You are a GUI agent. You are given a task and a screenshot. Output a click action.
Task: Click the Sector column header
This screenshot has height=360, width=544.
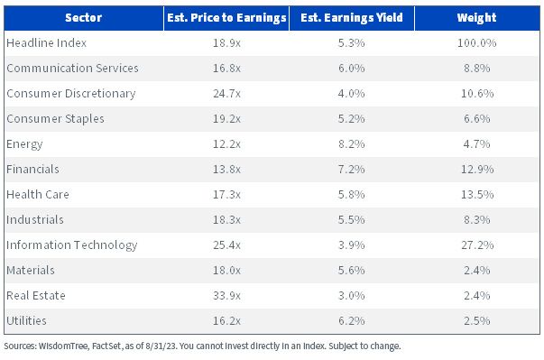(83, 18)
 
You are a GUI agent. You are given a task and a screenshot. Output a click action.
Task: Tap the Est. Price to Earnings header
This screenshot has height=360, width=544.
(226, 18)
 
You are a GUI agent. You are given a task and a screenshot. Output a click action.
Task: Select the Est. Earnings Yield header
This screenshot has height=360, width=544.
(352, 18)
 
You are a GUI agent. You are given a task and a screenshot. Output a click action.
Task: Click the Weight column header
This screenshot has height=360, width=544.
(476, 18)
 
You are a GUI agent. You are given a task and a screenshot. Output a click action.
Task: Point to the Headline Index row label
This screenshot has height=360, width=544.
(47, 42)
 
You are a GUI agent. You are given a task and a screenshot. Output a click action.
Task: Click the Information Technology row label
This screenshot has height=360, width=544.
(72, 245)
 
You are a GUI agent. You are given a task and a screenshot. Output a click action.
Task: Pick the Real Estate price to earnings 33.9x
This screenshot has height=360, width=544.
(226, 296)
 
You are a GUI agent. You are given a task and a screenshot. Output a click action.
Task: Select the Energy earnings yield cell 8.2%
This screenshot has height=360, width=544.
(352, 144)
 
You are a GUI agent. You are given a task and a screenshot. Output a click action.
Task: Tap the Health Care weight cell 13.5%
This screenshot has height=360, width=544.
(477, 194)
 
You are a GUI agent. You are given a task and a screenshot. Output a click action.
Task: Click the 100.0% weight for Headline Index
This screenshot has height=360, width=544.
(476, 42)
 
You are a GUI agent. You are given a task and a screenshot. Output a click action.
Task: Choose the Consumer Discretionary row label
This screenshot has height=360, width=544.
(71, 93)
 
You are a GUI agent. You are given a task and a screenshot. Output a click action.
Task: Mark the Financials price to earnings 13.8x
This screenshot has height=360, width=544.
(226, 170)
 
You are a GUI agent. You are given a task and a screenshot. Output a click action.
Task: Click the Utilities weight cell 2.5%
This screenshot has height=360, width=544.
(477, 321)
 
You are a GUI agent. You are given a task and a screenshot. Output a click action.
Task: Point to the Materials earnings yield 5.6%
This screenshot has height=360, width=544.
(352, 270)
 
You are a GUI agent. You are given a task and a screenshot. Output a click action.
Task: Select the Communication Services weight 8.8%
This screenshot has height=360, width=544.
(477, 68)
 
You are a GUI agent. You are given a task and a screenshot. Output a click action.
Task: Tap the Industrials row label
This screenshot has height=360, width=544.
(35, 219)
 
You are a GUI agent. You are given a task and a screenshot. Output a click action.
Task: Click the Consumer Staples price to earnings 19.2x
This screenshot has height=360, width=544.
(226, 118)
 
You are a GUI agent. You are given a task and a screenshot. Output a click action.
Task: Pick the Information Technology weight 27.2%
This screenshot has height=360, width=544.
(477, 245)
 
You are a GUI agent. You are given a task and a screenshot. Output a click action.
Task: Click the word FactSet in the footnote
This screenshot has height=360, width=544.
(106, 346)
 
